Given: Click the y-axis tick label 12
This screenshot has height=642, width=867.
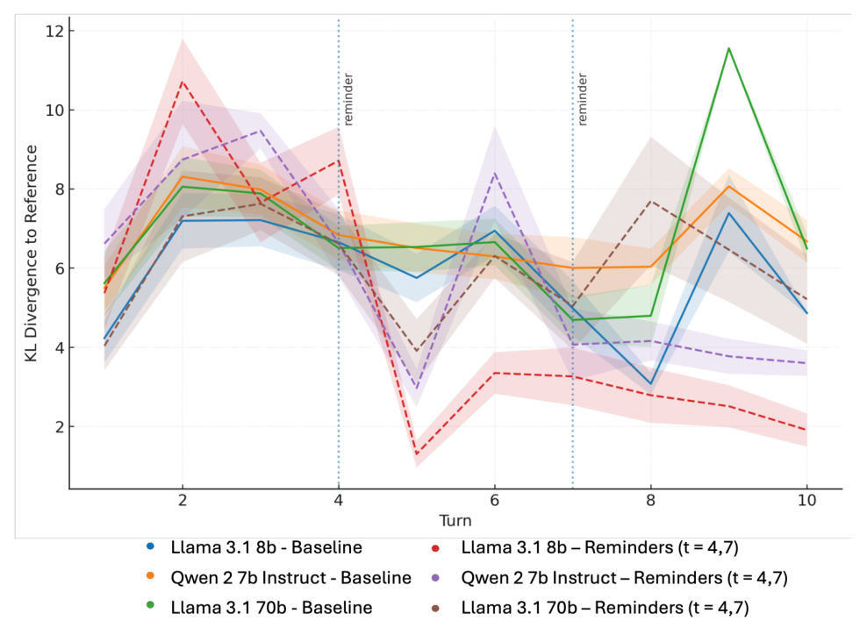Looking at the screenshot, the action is click(54, 31).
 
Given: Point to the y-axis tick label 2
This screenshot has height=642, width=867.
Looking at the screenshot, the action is click(60, 427).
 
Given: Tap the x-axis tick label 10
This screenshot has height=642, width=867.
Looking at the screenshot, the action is click(806, 501).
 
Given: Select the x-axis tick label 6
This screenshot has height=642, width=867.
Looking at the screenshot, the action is click(494, 501).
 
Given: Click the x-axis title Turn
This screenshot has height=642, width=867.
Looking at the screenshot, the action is click(455, 520).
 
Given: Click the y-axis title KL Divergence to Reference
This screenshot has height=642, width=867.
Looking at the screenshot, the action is click(31, 253).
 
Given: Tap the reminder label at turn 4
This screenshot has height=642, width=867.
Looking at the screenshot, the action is click(348, 99).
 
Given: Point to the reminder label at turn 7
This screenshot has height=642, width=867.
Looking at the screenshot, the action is click(582, 99).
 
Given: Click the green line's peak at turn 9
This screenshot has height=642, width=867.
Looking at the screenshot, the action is click(728, 48).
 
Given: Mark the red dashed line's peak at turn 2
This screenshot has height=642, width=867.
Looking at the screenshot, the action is click(182, 82).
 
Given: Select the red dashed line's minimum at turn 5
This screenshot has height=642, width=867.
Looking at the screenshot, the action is click(416, 454).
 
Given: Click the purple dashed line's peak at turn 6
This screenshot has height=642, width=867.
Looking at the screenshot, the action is click(495, 174).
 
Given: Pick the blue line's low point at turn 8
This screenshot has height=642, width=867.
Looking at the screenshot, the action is click(651, 384).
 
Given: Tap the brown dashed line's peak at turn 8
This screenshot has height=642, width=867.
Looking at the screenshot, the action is click(651, 202).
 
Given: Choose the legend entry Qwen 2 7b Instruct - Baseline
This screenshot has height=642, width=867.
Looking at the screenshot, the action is click(279, 578).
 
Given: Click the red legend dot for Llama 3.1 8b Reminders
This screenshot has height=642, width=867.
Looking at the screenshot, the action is click(436, 548).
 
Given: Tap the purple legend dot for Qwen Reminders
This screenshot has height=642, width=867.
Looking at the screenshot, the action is click(436, 578).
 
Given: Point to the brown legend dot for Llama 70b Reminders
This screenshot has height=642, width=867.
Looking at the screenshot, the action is click(436, 609).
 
